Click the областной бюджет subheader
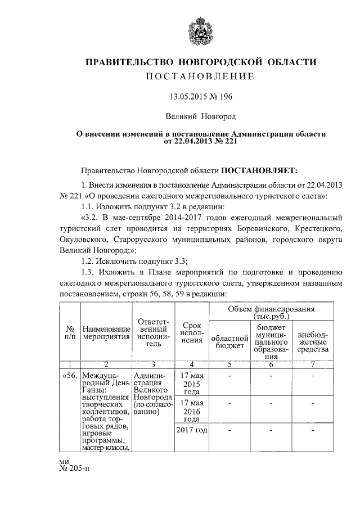[229, 341]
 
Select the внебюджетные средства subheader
[312, 341]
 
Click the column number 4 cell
[192, 364]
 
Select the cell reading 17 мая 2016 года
[192, 411]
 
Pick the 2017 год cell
[192, 430]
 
